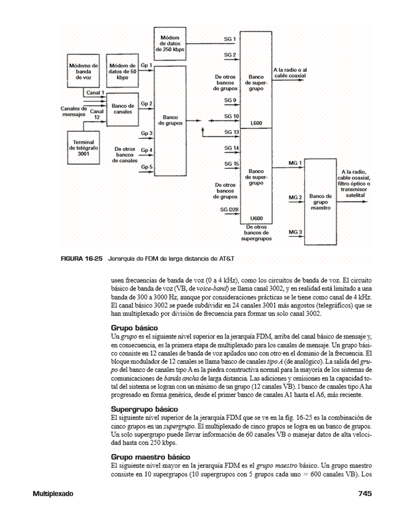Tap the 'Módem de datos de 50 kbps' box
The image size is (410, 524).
122,70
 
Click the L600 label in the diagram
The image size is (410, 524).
256,124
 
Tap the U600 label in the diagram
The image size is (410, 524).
256,218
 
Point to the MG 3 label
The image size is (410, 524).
295,232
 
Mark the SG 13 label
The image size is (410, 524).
232,132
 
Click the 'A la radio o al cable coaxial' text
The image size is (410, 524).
290,73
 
